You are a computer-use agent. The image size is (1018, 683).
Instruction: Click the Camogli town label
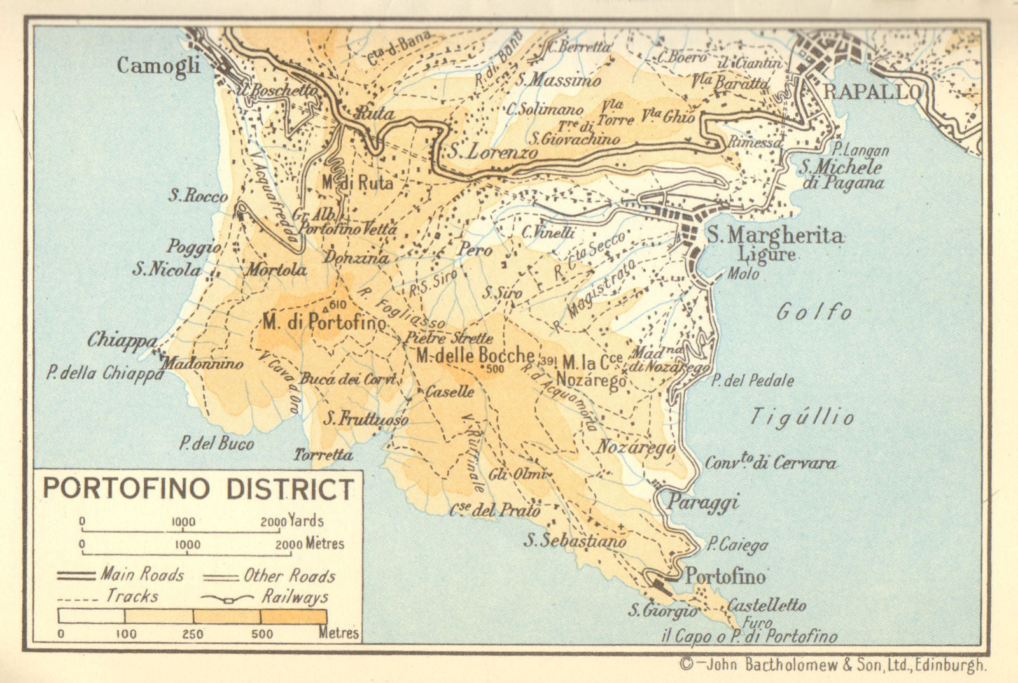click(158, 66)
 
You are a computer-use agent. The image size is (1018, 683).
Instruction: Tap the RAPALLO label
click(872, 92)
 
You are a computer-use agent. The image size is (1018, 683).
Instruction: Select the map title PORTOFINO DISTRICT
click(198, 489)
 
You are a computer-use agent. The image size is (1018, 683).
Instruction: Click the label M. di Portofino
click(324, 322)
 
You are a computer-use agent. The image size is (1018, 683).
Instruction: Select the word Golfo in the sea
click(814, 312)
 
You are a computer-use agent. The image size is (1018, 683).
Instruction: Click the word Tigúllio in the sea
click(802, 417)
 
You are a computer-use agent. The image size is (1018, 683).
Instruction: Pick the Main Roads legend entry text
click(142, 575)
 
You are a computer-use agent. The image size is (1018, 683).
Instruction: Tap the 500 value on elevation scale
click(261, 634)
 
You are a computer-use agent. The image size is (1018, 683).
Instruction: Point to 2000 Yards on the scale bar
click(292, 521)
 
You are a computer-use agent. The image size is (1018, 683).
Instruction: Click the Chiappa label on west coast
click(122, 341)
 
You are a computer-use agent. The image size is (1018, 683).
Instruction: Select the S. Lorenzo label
click(492, 152)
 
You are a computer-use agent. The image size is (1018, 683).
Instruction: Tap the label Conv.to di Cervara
click(770, 463)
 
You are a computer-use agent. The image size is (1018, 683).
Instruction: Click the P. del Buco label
click(216, 443)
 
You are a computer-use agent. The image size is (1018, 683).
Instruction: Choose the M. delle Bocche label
click(475, 355)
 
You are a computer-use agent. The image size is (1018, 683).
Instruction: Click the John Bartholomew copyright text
click(833, 666)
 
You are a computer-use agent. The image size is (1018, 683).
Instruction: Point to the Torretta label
click(323, 454)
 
